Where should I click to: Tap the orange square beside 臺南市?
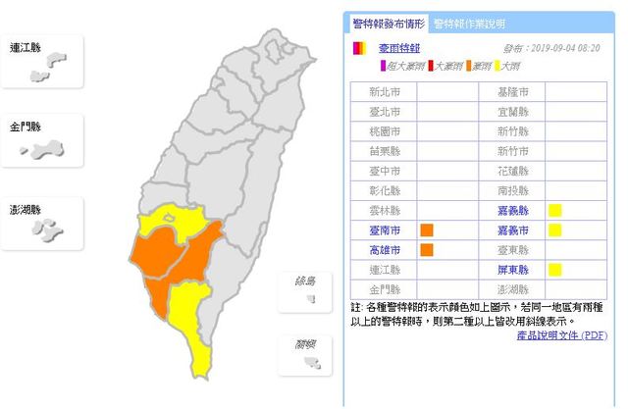pos(427,230)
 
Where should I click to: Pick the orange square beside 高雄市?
pos(427,249)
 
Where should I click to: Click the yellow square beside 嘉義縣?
pos(554,210)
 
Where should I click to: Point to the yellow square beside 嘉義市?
pos(554,230)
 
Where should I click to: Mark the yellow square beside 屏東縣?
pos(554,269)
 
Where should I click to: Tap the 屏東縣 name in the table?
pos(514,269)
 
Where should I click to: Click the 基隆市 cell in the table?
pos(514,92)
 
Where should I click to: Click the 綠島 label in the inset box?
pos(305,281)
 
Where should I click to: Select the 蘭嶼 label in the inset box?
pos(305,343)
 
